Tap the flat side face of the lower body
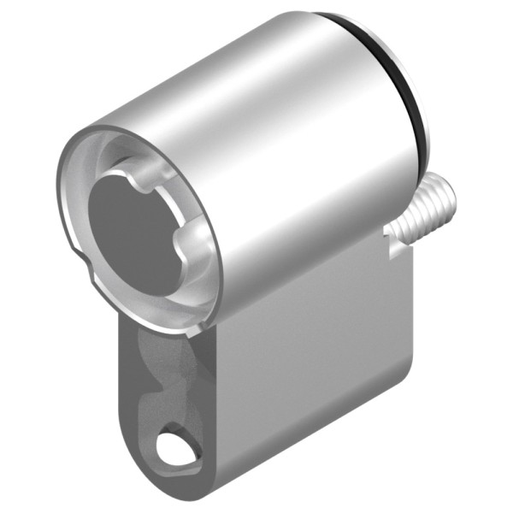[x=316, y=376]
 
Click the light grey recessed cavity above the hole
[x=175, y=376]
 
